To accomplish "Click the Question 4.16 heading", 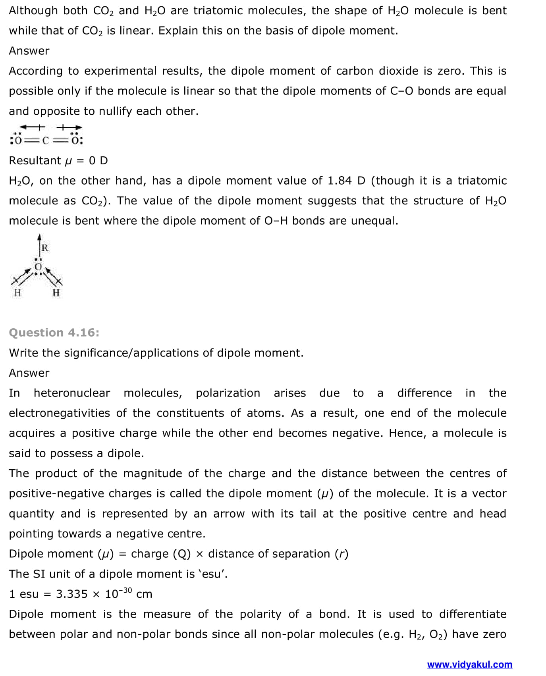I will tap(54, 332).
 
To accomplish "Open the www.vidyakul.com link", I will tap(469, 664).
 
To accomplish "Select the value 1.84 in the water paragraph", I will tap(339, 181).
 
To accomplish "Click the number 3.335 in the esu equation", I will tap(71, 594).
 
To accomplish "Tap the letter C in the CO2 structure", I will tap(45, 140).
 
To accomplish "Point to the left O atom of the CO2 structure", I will tap(18, 140).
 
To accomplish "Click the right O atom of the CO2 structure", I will tap(75, 140).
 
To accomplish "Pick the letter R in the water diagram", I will tap(45, 248).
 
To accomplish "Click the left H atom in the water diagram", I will tap(17, 293).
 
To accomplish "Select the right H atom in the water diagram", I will tap(56, 293).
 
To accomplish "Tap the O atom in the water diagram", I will tap(38, 266).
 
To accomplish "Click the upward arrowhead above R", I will tap(39, 237).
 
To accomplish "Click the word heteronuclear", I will tap(71, 393).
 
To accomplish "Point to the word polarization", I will tap(228, 393).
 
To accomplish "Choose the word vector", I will tap(487, 493).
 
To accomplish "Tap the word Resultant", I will tap(35, 160).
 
